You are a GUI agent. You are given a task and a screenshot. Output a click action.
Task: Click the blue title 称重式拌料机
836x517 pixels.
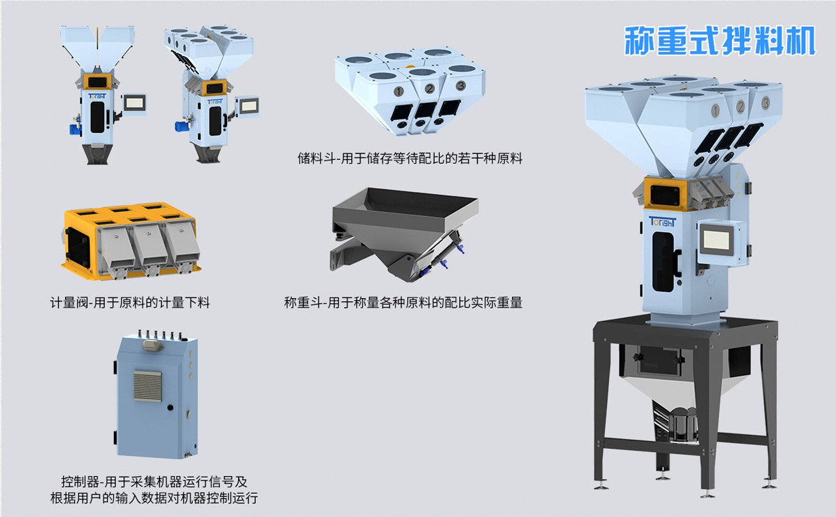(x=720, y=40)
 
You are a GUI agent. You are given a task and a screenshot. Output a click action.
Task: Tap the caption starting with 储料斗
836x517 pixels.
(x=410, y=159)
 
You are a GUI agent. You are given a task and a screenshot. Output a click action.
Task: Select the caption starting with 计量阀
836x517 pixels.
(x=130, y=302)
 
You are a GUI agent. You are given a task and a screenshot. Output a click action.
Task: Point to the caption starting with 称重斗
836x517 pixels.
(x=403, y=302)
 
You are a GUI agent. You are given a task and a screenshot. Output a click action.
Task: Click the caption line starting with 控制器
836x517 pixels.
(x=154, y=482)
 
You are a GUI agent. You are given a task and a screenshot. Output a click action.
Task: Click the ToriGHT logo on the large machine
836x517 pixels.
(x=662, y=222)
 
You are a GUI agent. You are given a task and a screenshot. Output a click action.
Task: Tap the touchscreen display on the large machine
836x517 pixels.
(x=716, y=240)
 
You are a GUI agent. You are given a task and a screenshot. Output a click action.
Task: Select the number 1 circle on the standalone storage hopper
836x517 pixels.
(x=399, y=91)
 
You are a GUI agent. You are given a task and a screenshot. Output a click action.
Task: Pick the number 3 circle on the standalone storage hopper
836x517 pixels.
(x=460, y=85)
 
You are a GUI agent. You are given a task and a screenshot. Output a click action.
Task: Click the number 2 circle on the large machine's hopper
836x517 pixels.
(x=740, y=107)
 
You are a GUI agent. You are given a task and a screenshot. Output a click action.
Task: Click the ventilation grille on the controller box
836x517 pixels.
(x=148, y=386)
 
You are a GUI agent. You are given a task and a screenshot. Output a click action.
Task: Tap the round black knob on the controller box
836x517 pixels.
(x=170, y=408)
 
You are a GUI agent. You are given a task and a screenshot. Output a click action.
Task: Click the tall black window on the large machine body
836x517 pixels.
(x=663, y=261)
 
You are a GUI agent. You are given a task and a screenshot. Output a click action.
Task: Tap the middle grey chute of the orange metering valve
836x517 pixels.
(x=149, y=246)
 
